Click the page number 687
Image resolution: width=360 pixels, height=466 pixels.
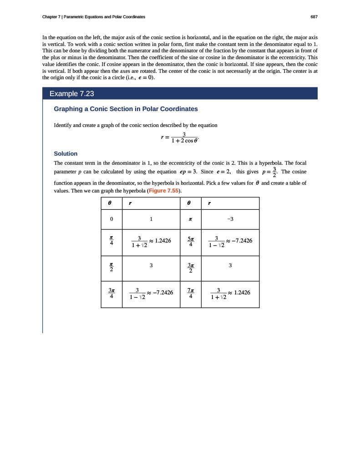pos(314,17)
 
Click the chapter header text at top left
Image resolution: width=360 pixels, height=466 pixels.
pos(94,17)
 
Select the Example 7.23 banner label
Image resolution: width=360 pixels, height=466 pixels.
pos(71,94)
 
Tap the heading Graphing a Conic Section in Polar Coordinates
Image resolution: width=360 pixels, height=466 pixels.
pos(126,109)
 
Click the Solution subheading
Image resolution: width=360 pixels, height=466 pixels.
pos(66,154)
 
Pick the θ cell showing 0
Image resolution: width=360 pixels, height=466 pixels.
pos(112,219)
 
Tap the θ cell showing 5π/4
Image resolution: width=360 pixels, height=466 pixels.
pos(191,242)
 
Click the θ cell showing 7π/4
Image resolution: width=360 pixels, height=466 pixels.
pos(191,294)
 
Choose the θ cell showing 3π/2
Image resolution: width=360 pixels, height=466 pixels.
pos(191,268)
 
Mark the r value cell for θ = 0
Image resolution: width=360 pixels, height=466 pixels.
pos(151,219)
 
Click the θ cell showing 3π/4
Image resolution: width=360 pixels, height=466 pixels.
pos(112,294)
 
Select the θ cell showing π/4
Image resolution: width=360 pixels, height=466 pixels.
pos(112,242)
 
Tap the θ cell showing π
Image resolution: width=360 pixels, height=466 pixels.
pos(191,219)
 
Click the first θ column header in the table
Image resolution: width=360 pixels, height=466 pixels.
pos(111,203)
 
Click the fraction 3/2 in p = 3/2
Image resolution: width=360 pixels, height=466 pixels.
pos(274,172)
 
